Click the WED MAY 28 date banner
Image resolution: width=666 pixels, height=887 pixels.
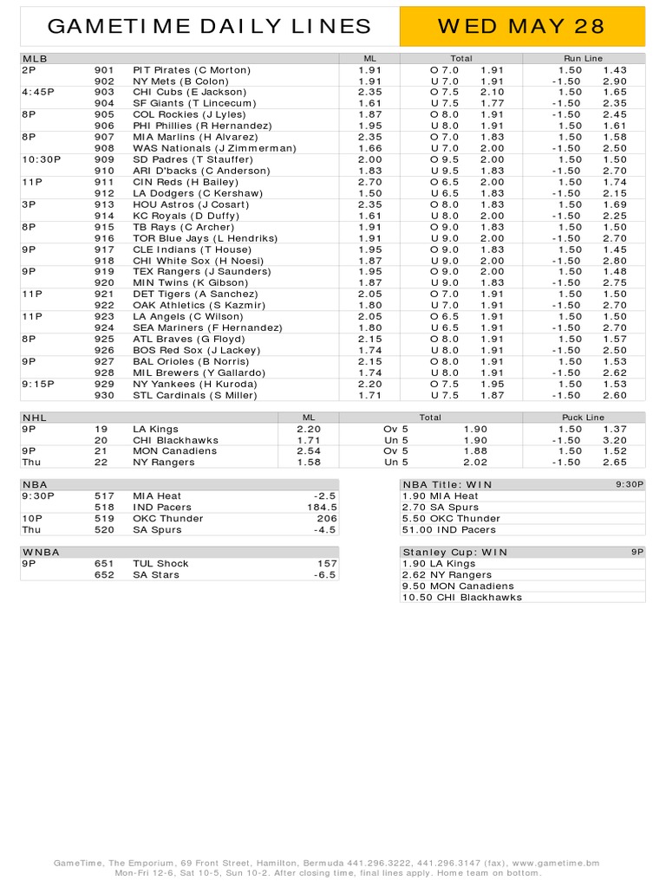coord(520,26)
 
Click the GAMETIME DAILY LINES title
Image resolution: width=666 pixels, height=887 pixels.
coord(209,27)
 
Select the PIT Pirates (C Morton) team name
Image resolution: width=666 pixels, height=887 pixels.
coord(192,69)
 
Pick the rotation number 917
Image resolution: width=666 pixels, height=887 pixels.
coord(104,249)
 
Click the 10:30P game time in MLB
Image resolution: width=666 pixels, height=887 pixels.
coord(40,159)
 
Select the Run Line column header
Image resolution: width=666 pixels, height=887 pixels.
coord(583,58)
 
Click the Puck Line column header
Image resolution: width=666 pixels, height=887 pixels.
coord(583,418)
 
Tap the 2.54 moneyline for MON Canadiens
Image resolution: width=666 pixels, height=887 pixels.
coord(309,451)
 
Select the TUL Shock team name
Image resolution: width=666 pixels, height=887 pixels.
coord(161,563)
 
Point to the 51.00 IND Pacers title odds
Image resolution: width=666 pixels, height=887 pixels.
coord(449,529)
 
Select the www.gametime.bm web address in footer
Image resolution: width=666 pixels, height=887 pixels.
coord(556,864)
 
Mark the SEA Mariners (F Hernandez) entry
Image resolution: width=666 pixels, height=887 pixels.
coord(207,328)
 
